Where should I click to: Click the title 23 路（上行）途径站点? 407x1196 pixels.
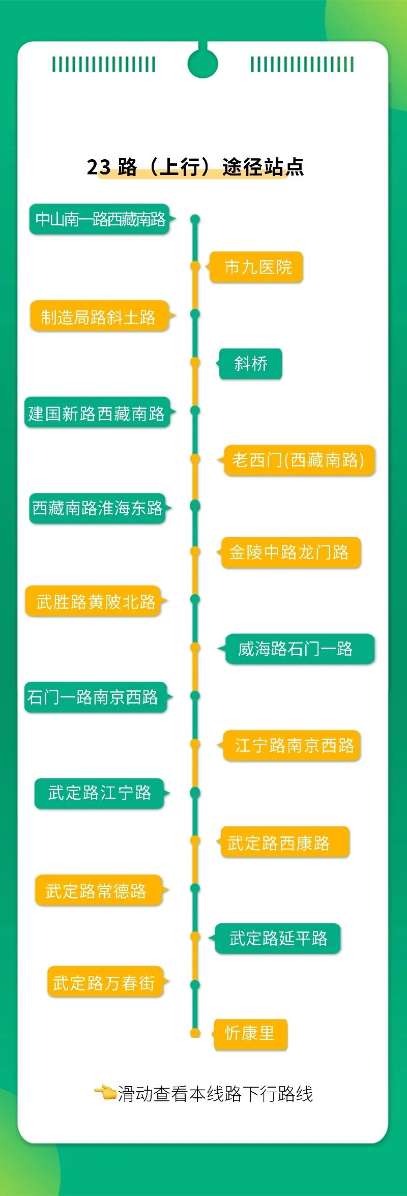(x=195, y=167)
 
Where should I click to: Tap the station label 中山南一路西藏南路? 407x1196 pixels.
(x=100, y=219)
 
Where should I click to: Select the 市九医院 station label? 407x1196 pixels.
(x=257, y=267)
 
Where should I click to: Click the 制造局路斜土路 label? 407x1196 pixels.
(x=99, y=316)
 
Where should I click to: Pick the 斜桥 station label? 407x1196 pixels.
(x=250, y=364)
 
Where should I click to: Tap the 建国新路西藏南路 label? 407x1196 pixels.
(x=97, y=413)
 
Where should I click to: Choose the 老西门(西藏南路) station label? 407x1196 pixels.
(x=299, y=460)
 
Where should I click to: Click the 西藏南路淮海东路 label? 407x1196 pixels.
(x=98, y=508)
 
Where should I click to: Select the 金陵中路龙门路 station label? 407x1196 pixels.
(x=290, y=552)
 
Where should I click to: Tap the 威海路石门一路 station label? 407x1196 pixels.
(x=299, y=649)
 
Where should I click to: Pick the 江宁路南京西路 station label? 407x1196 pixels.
(x=292, y=745)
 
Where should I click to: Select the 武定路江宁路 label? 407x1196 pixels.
(x=99, y=793)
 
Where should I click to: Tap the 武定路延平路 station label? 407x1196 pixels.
(x=277, y=938)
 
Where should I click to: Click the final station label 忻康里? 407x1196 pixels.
(x=250, y=1034)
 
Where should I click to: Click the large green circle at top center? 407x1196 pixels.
(x=202, y=64)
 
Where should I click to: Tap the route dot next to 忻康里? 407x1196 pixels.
(x=195, y=1033)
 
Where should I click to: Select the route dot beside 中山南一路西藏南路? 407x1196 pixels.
(x=195, y=220)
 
